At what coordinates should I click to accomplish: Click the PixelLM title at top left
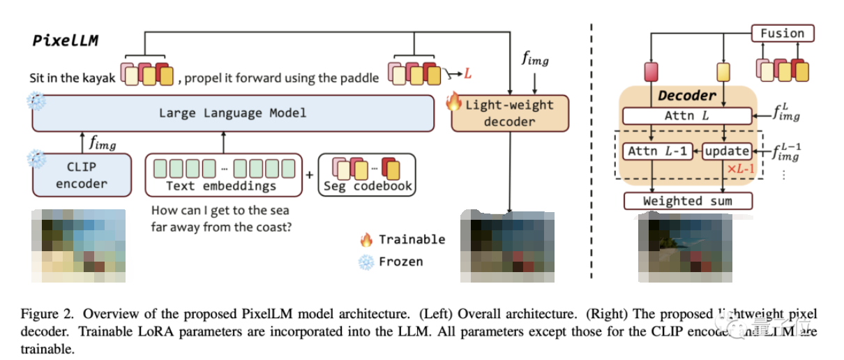tap(65, 40)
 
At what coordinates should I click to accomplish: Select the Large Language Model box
tap(232, 113)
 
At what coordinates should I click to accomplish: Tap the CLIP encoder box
tap(82, 175)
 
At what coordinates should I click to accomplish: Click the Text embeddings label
tap(221, 186)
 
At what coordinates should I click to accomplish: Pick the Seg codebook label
tap(368, 186)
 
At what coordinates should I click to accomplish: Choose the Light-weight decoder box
tap(510, 113)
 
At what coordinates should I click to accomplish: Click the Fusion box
tap(782, 33)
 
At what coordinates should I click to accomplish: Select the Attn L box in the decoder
tap(687, 116)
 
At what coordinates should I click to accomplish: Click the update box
tap(726, 151)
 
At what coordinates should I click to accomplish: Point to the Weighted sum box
tap(688, 201)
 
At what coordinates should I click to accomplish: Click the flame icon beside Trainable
tap(366, 239)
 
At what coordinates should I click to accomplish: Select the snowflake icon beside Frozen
tap(366, 262)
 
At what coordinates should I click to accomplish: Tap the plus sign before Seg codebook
tap(310, 175)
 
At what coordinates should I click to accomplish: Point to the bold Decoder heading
tap(687, 96)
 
